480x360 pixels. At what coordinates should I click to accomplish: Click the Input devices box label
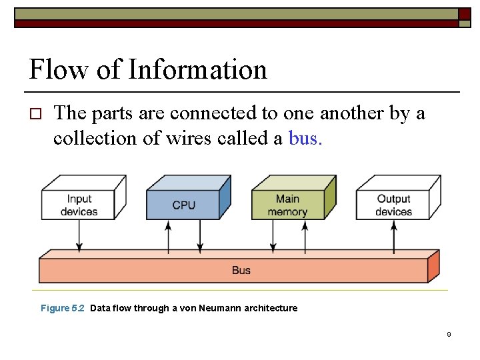tap(79, 205)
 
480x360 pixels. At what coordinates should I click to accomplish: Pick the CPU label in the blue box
tap(183, 205)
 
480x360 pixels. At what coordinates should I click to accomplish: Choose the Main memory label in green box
tap(287, 205)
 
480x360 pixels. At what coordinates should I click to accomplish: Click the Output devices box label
tap(393, 205)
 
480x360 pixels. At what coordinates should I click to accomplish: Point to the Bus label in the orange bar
tap(241, 270)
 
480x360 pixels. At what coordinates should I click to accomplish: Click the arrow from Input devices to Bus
tap(79, 236)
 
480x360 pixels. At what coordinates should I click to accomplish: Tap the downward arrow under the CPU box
tap(200, 236)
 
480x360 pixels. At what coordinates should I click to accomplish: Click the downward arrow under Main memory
tap(273, 236)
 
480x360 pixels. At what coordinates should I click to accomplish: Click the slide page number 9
tap(449, 334)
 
